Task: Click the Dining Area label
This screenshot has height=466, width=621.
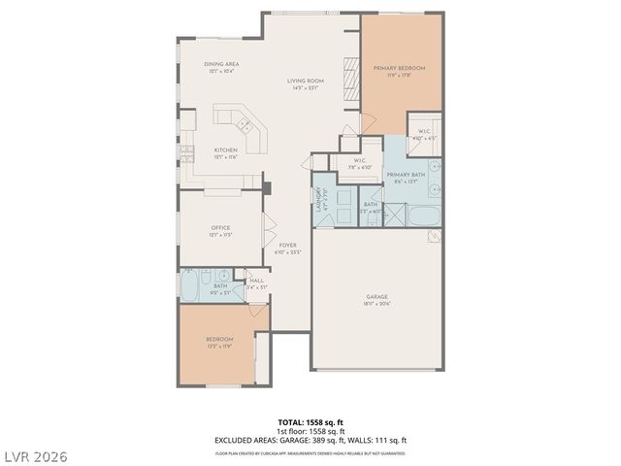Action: click(x=221, y=64)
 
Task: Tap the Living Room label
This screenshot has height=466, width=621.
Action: click(x=306, y=81)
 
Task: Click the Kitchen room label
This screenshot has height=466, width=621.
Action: click(x=225, y=150)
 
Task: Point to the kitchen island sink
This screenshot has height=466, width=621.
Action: click(x=246, y=125)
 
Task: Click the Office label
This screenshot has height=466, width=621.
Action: click(x=220, y=228)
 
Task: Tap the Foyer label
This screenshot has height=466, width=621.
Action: click(x=288, y=246)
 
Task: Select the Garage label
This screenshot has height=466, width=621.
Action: click(x=377, y=297)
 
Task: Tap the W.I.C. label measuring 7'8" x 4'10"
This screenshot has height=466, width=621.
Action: click(x=359, y=160)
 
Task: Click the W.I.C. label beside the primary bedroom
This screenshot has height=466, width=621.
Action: click(x=424, y=130)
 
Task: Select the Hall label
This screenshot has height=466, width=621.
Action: click(x=256, y=281)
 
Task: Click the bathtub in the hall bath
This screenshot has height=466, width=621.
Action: click(x=190, y=285)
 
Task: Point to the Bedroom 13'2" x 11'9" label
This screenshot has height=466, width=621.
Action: click(x=219, y=339)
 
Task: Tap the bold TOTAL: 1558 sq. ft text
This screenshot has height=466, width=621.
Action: click(x=310, y=423)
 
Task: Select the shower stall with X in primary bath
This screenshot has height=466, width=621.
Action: click(x=395, y=215)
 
